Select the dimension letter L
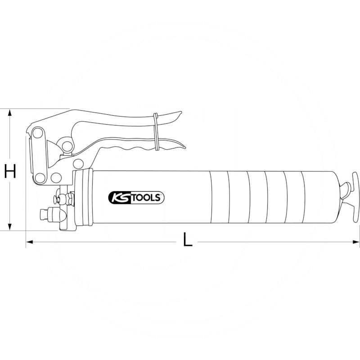click(188, 240)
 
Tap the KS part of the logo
click(117, 197)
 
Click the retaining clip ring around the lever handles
click(156, 131)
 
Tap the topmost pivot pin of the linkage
click(37, 133)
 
